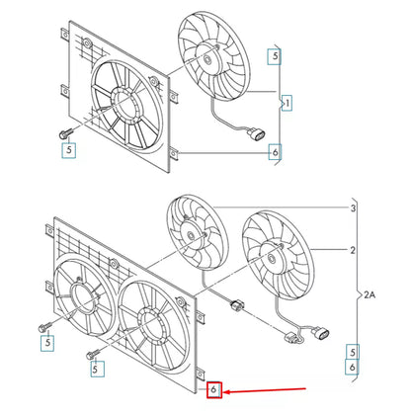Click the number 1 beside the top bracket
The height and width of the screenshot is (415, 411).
point(288,102)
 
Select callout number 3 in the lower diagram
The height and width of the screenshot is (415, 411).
point(353,208)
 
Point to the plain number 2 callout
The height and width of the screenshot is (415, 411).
point(353,251)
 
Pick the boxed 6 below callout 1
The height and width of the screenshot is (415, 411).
point(274,151)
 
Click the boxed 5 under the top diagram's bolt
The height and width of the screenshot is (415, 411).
point(69,150)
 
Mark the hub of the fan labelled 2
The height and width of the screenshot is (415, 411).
point(271,253)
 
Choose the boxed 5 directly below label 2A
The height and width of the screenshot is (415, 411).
point(352,350)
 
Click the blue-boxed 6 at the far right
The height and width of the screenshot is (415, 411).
point(352,367)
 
